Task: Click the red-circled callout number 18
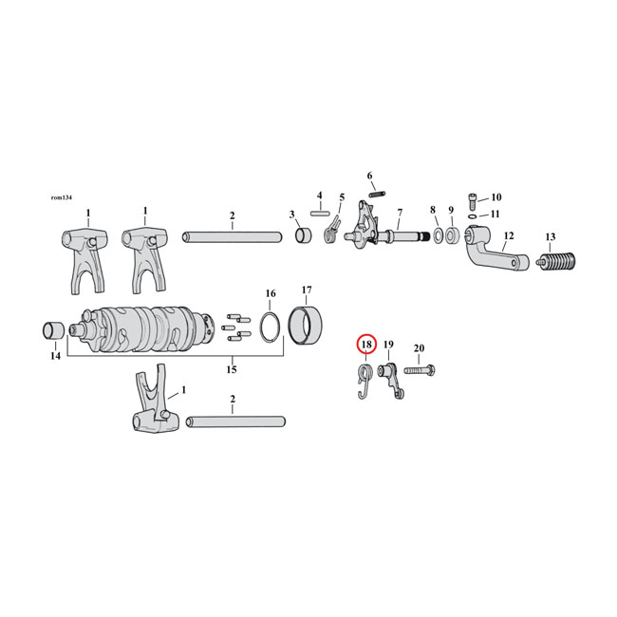click(366, 346)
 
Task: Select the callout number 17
click(307, 290)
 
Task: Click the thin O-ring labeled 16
click(270, 327)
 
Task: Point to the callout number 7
click(400, 212)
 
